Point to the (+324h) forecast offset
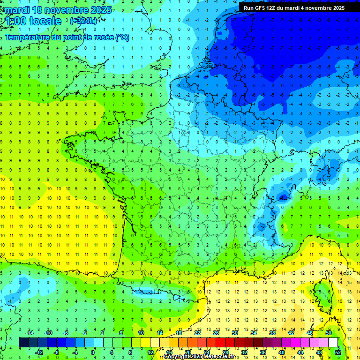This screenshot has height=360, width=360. (83, 21)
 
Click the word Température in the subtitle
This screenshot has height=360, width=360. (27, 37)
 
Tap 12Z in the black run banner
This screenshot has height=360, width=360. (276, 7)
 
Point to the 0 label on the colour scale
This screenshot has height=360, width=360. (93, 352)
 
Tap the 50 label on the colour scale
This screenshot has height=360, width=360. (329, 333)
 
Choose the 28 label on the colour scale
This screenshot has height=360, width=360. (225, 352)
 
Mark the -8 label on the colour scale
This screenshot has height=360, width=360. (56, 352)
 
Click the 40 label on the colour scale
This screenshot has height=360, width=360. (282, 352)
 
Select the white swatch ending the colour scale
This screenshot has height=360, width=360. (333, 342)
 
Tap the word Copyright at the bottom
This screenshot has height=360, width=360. (176, 357)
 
